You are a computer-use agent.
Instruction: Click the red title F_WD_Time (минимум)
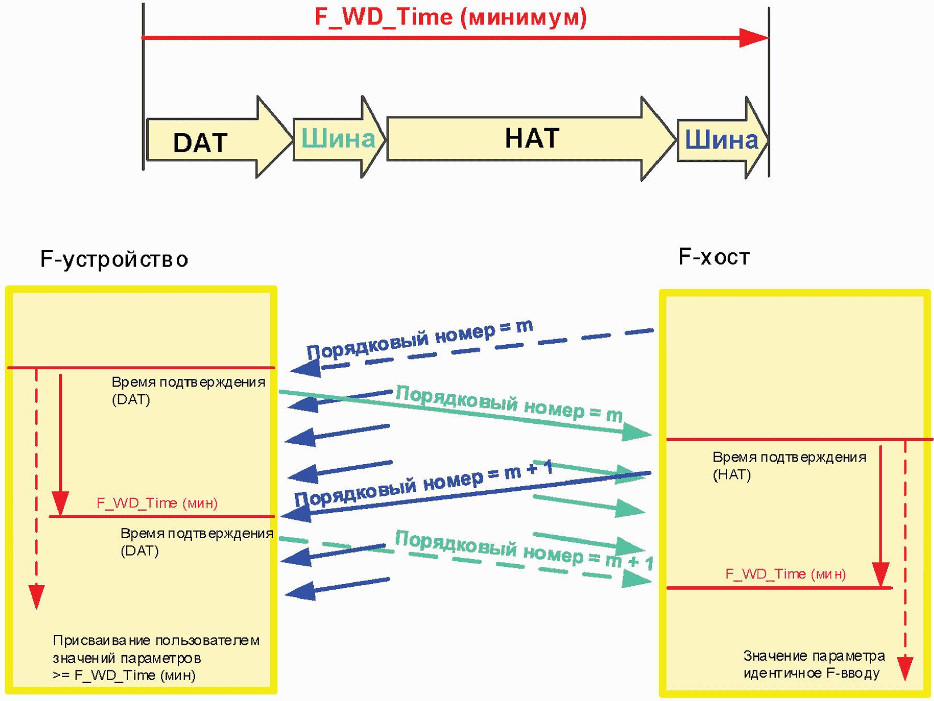click(x=451, y=18)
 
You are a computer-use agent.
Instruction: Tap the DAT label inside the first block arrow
click(x=200, y=143)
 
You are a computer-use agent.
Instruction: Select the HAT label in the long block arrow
click(x=532, y=138)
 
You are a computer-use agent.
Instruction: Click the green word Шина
click(x=338, y=139)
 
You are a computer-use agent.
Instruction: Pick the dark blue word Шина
click(x=721, y=140)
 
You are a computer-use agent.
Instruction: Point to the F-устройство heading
click(x=114, y=259)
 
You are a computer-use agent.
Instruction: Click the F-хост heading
click(x=714, y=257)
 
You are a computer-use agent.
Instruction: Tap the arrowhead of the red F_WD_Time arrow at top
click(x=754, y=38)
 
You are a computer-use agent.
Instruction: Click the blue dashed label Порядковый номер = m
click(x=420, y=339)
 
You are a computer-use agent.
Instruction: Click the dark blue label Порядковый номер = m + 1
click(x=424, y=483)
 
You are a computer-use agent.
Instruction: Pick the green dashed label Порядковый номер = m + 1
click(x=524, y=550)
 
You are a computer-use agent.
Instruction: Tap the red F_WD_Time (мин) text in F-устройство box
click(x=157, y=503)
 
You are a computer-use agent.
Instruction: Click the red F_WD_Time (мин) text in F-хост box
click(x=786, y=574)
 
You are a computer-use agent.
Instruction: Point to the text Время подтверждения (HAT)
click(x=790, y=466)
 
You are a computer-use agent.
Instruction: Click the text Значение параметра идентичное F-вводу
click(x=814, y=665)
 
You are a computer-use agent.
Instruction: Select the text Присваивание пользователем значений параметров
click(x=156, y=649)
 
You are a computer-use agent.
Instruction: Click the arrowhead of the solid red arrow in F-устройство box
click(x=60, y=504)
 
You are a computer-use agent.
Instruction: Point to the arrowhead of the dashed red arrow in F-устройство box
click(x=36, y=597)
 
